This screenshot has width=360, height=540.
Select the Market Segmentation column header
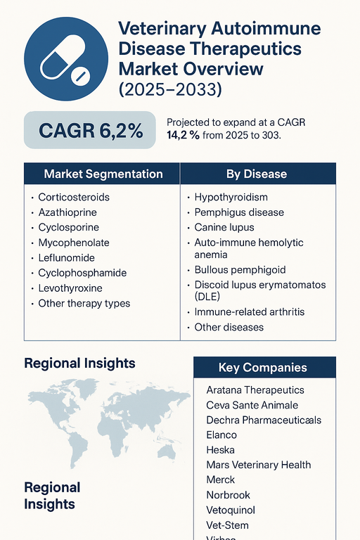(x=103, y=174)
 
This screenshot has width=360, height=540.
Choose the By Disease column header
(x=256, y=174)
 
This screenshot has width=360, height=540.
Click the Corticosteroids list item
(x=74, y=198)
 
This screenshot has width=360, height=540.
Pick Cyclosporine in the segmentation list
(x=68, y=228)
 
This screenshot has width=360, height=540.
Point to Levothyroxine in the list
(x=70, y=288)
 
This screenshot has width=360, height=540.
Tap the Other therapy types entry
(x=84, y=304)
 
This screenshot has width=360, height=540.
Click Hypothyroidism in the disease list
(x=231, y=198)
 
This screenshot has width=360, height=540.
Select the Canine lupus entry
(x=224, y=228)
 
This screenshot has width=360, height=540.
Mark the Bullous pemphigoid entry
(x=239, y=270)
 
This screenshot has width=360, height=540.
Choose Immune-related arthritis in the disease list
(x=249, y=312)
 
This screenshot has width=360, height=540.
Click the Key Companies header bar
(x=263, y=367)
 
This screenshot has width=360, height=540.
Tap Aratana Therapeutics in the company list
(x=255, y=390)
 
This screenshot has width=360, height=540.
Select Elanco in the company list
(x=222, y=435)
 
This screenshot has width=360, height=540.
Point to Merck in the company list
(x=221, y=480)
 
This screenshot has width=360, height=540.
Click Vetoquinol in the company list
(x=231, y=510)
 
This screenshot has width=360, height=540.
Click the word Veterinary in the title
(x=163, y=30)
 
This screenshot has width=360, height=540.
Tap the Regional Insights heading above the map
(x=79, y=364)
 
